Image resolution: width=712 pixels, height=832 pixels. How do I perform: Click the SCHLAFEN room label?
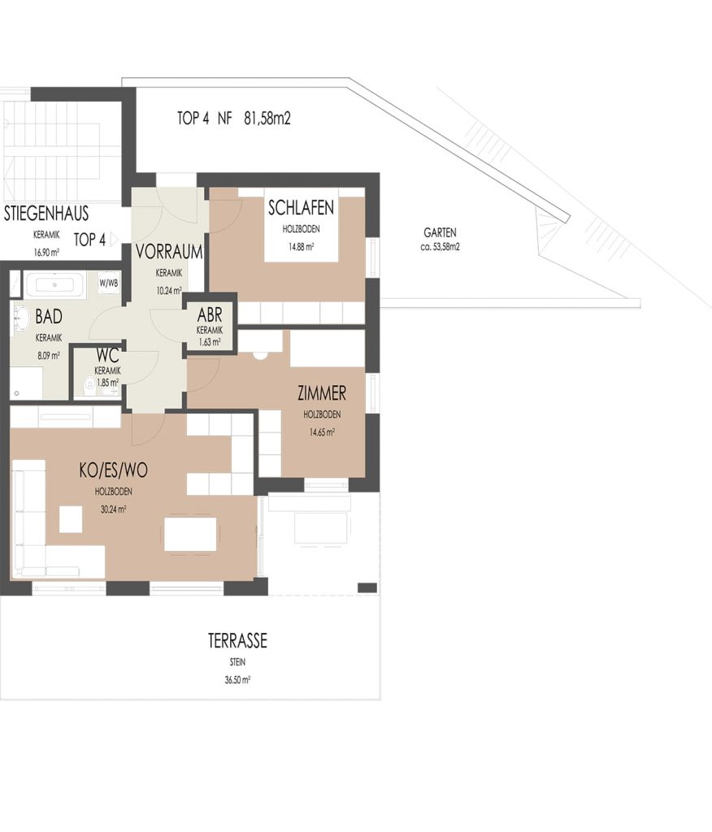(x=301, y=207)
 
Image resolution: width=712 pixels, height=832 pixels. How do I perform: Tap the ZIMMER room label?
(x=322, y=393)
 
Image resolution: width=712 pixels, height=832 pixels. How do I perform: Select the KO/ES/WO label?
(x=113, y=470)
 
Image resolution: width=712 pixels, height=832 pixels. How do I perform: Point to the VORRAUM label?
(x=169, y=252)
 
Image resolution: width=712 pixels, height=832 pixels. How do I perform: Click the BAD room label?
(x=49, y=317)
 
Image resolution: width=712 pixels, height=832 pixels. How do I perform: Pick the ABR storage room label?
(x=210, y=315)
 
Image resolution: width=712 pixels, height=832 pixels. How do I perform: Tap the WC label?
(x=107, y=355)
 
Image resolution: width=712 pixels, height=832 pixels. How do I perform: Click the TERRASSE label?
(x=237, y=641)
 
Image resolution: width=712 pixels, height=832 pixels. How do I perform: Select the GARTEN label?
(x=440, y=232)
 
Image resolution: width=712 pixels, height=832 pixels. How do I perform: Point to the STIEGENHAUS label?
(x=46, y=214)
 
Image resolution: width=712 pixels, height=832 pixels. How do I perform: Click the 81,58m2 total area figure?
(x=267, y=118)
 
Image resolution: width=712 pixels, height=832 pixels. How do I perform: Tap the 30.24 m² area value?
(x=113, y=509)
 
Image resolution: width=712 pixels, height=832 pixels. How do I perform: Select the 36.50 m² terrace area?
(x=237, y=680)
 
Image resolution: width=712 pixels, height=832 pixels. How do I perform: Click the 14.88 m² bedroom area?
(x=301, y=247)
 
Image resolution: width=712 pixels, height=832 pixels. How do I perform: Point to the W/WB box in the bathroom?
(x=109, y=284)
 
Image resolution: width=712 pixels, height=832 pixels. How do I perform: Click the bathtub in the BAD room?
(x=54, y=285)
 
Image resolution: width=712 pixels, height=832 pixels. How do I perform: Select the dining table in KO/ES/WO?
(x=190, y=535)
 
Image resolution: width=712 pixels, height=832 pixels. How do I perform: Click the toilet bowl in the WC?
(x=89, y=383)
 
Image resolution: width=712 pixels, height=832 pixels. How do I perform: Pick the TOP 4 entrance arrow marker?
(x=114, y=240)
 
